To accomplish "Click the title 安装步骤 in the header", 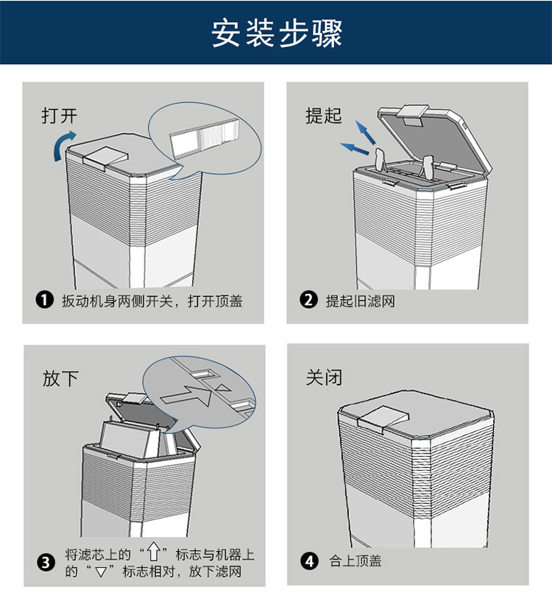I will tap(276, 33).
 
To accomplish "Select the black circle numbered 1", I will tap(45, 301).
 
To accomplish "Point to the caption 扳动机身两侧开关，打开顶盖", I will tap(152, 301).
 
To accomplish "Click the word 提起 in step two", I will tap(323, 116).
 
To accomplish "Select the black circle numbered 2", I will tap(309, 301).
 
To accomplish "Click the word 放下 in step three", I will tap(60, 379).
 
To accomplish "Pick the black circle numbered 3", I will tap(46, 563).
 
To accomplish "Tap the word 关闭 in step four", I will tap(324, 378).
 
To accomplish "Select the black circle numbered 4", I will tap(310, 561).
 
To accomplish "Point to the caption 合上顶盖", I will tap(355, 561).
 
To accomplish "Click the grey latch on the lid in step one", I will tap(105, 155).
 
